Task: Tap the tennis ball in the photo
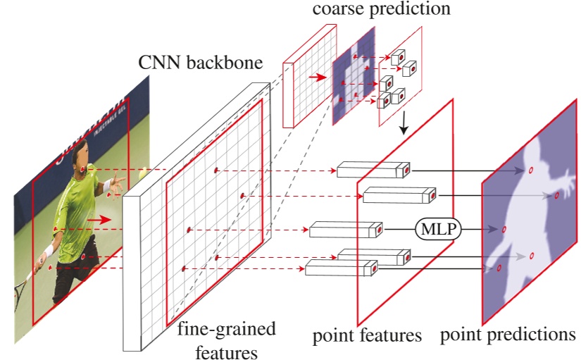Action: pos(144,171)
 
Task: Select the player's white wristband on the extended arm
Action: pos(108,187)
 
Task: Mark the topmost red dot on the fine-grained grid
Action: pos(215,170)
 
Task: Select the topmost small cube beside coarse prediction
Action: pos(398,56)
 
